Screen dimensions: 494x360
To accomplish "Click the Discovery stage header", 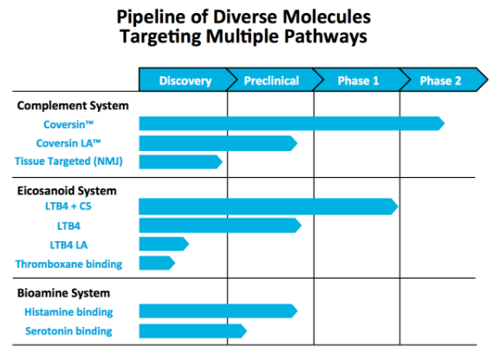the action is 185,81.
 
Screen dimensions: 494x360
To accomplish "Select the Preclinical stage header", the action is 271,81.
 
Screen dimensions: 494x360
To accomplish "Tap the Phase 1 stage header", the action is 358,81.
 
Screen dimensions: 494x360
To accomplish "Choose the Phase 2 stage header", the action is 441,81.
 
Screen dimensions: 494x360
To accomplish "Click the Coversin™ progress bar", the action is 292,123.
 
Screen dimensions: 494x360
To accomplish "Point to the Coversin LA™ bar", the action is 218,143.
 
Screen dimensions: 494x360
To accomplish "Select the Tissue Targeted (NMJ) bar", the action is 181,162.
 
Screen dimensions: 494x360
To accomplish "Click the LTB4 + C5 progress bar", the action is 269,206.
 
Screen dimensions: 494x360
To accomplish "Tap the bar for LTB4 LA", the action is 164,244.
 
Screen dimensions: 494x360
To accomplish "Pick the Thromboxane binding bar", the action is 157,263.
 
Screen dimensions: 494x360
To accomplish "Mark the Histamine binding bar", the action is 218,311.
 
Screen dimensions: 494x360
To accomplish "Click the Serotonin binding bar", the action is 192,331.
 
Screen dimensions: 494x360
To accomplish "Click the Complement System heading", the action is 73,106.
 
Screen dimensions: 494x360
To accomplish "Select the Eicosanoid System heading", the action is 67,191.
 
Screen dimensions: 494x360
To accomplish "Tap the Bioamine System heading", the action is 63,293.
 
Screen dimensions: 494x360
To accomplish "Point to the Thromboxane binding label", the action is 68,265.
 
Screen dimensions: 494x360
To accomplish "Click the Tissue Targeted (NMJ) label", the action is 68,161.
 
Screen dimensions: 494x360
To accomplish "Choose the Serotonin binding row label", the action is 68,331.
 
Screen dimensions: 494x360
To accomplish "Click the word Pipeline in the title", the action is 151,17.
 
